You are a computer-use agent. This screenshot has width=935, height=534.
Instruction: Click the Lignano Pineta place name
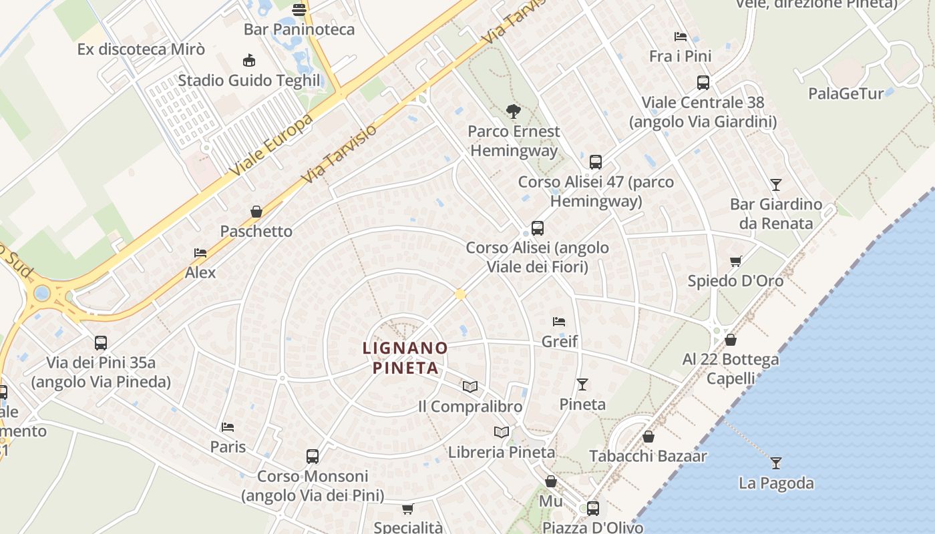click(405, 358)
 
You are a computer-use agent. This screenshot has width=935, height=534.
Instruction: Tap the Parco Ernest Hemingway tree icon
click(513, 111)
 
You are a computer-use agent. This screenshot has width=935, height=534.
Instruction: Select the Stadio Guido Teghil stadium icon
click(249, 61)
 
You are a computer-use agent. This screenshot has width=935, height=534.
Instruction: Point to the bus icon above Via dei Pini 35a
click(101, 343)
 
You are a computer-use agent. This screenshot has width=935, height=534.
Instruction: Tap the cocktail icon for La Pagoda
click(775, 463)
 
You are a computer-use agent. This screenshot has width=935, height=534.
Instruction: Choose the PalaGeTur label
click(846, 93)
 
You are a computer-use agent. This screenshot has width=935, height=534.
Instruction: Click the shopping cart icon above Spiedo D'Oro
click(735, 261)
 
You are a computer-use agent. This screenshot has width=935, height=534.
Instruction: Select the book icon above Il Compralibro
click(470, 386)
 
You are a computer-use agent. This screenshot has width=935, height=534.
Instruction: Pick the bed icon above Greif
click(559, 322)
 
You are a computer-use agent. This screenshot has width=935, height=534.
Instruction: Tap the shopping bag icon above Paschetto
click(256, 212)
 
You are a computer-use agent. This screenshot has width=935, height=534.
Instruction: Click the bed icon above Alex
click(200, 253)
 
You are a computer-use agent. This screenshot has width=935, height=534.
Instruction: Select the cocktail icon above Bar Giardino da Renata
click(775, 184)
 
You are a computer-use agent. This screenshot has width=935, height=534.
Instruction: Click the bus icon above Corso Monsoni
click(313, 457)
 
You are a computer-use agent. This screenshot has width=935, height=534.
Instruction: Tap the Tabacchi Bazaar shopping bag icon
click(648, 437)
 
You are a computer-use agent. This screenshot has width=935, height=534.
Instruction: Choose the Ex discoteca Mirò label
click(141, 49)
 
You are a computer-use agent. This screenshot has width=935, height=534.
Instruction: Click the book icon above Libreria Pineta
click(502, 432)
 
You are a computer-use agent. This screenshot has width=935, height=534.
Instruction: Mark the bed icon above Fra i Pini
click(680, 36)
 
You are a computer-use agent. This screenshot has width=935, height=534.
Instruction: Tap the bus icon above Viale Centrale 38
click(703, 83)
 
